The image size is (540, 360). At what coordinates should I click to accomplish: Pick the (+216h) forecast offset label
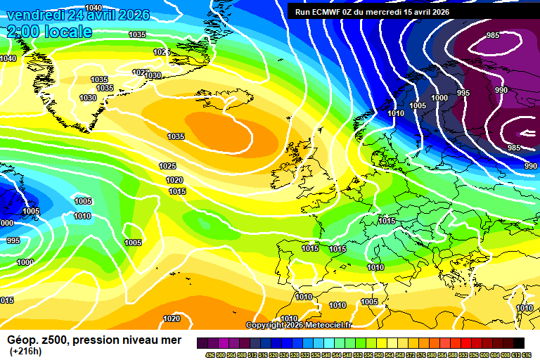(26, 351)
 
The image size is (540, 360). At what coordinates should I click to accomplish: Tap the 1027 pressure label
(140, 72)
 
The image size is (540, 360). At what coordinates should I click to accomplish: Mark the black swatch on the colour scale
(518, 342)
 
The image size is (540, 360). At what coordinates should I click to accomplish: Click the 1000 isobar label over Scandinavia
(439, 98)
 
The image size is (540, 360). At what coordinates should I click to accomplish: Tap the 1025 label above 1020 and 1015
(167, 166)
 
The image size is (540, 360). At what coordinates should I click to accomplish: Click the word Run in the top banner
(302, 11)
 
